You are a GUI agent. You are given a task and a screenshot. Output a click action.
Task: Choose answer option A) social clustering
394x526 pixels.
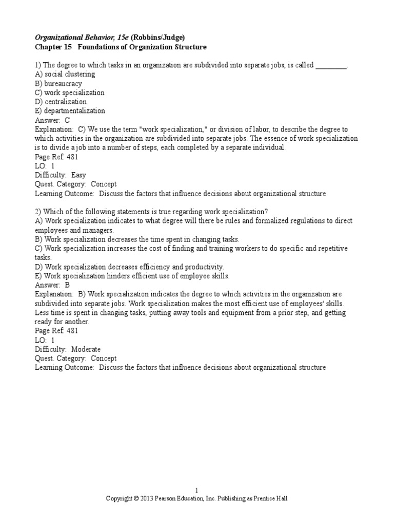pos(65,74)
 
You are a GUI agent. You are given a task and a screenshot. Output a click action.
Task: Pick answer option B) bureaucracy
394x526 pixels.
pos(58,84)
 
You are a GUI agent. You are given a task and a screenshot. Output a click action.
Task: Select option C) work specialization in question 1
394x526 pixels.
pos(70,92)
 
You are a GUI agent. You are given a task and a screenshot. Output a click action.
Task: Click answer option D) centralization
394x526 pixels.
pos(61,102)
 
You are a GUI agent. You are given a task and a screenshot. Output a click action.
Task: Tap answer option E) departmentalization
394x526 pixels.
pos(70,110)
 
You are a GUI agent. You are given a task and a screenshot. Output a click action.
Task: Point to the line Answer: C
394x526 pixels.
pos(52,120)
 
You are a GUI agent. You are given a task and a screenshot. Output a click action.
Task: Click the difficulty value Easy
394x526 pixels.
pos(78,175)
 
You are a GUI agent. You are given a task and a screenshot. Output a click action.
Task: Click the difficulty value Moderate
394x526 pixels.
pos(86,349)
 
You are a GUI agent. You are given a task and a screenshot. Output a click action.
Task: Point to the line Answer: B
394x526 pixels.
pos(52,285)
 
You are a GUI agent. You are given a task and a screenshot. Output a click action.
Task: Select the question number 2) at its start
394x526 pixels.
pos(38,212)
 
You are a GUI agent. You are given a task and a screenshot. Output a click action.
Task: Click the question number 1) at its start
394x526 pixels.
pos(38,66)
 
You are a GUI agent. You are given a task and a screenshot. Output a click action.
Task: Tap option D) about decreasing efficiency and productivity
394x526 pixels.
pos(130,267)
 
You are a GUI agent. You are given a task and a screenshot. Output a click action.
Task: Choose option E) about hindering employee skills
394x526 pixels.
pos(132,276)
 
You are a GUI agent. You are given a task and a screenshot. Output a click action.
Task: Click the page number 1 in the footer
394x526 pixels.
pos(196,490)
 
